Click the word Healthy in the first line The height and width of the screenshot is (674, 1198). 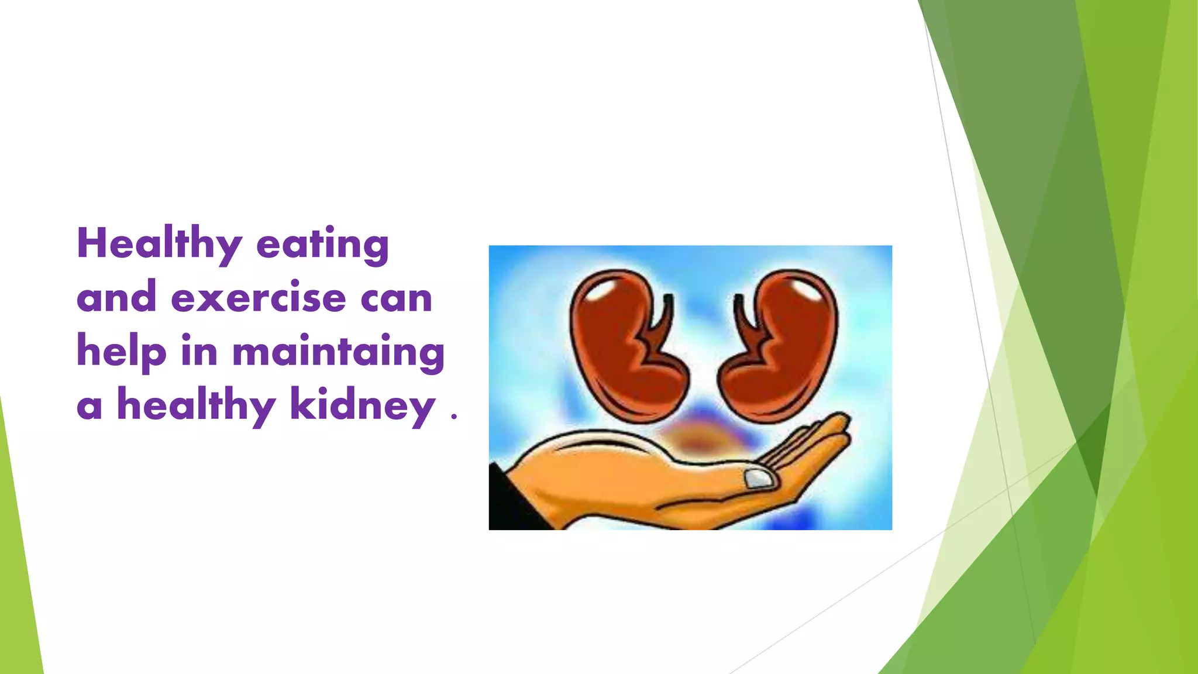pyautogui.click(x=159, y=245)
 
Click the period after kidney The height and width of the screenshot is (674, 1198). pyautogui.click(x=454, y=417)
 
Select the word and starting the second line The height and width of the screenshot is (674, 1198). pyautogui.click(x=116, y=298)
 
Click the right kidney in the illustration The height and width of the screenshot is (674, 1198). pyautogui.click(x=781, y=345)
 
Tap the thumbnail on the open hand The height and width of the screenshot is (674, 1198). pyautogui.click(x=759, y=479)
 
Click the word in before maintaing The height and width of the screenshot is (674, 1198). pyautogui.click(x=199, y=351)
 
